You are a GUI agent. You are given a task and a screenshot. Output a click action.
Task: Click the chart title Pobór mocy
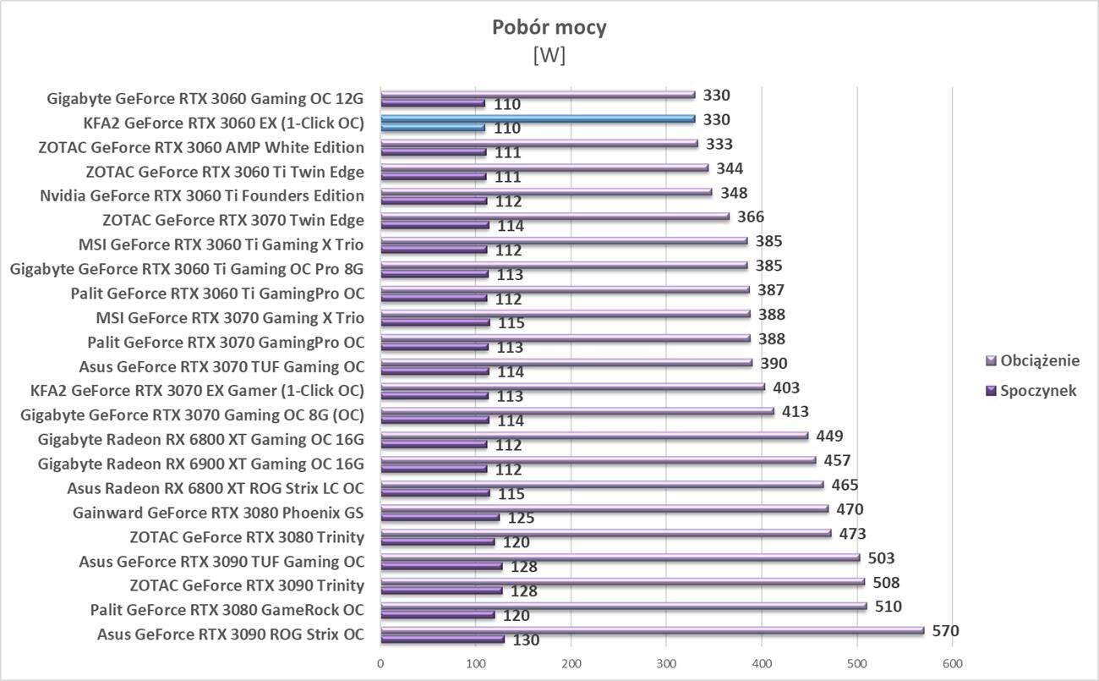(549, 28)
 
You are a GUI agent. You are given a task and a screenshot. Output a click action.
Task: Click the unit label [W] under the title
(549, 55)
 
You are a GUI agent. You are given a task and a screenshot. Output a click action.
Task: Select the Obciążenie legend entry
(1040, 361)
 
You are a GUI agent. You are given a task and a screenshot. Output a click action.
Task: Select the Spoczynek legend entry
(1037, 391)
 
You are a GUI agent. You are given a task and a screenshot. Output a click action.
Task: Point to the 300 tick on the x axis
(667, 662)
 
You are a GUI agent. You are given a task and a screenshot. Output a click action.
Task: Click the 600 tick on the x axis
(953, 662)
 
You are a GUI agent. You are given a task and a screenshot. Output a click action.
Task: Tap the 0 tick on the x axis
(381, 662)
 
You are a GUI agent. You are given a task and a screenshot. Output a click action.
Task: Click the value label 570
(944, 631)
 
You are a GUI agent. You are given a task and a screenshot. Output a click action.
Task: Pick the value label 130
(526, 640)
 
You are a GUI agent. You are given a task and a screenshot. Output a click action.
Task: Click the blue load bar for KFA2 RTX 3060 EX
(538, 119)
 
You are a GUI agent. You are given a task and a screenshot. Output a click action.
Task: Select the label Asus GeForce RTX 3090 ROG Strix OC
(231, 634)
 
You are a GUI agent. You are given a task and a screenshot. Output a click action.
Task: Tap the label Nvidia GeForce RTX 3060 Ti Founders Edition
(202, 196)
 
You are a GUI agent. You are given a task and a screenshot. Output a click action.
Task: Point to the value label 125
(521, 519)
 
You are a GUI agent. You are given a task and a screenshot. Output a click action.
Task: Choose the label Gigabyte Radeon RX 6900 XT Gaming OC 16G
(201, 464)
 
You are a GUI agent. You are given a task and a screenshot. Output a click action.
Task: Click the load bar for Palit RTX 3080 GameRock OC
(623, 607)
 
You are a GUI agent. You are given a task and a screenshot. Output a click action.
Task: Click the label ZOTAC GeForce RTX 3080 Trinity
(247, 537)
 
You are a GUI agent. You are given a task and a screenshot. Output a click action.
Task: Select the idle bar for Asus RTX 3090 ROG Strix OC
(442, 640)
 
